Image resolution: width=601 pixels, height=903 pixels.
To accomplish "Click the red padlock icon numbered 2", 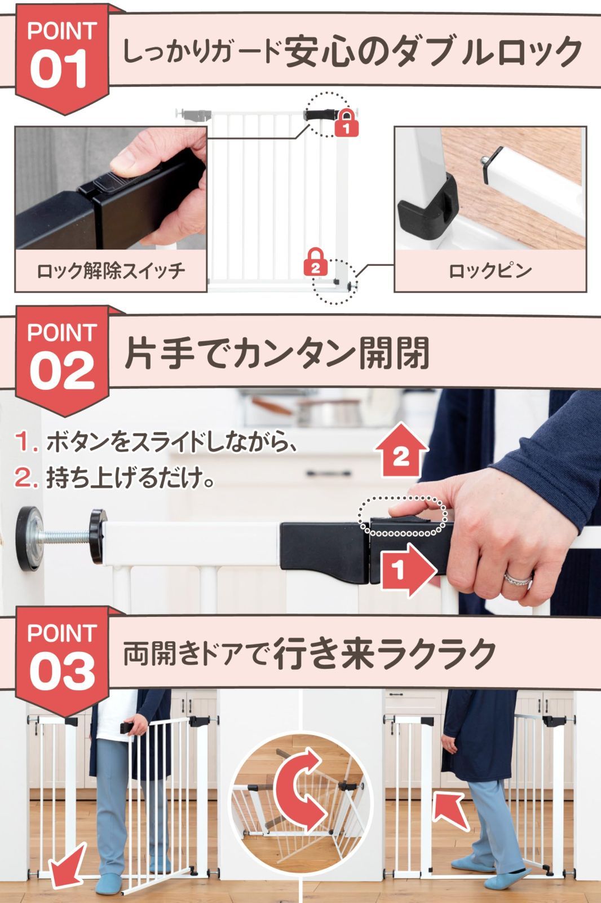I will coord(316,263).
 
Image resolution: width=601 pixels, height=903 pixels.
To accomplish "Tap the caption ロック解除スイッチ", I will coord(111,271).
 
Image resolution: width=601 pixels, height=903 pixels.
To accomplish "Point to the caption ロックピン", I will coord(489,271).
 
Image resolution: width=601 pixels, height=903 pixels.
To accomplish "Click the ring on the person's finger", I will coord(518,578).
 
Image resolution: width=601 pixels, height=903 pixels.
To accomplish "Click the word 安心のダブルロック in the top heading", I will coord(433,52).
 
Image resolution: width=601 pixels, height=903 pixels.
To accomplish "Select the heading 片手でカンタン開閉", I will coord(276,354).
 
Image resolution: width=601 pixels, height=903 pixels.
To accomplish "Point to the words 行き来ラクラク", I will coord(385,654).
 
